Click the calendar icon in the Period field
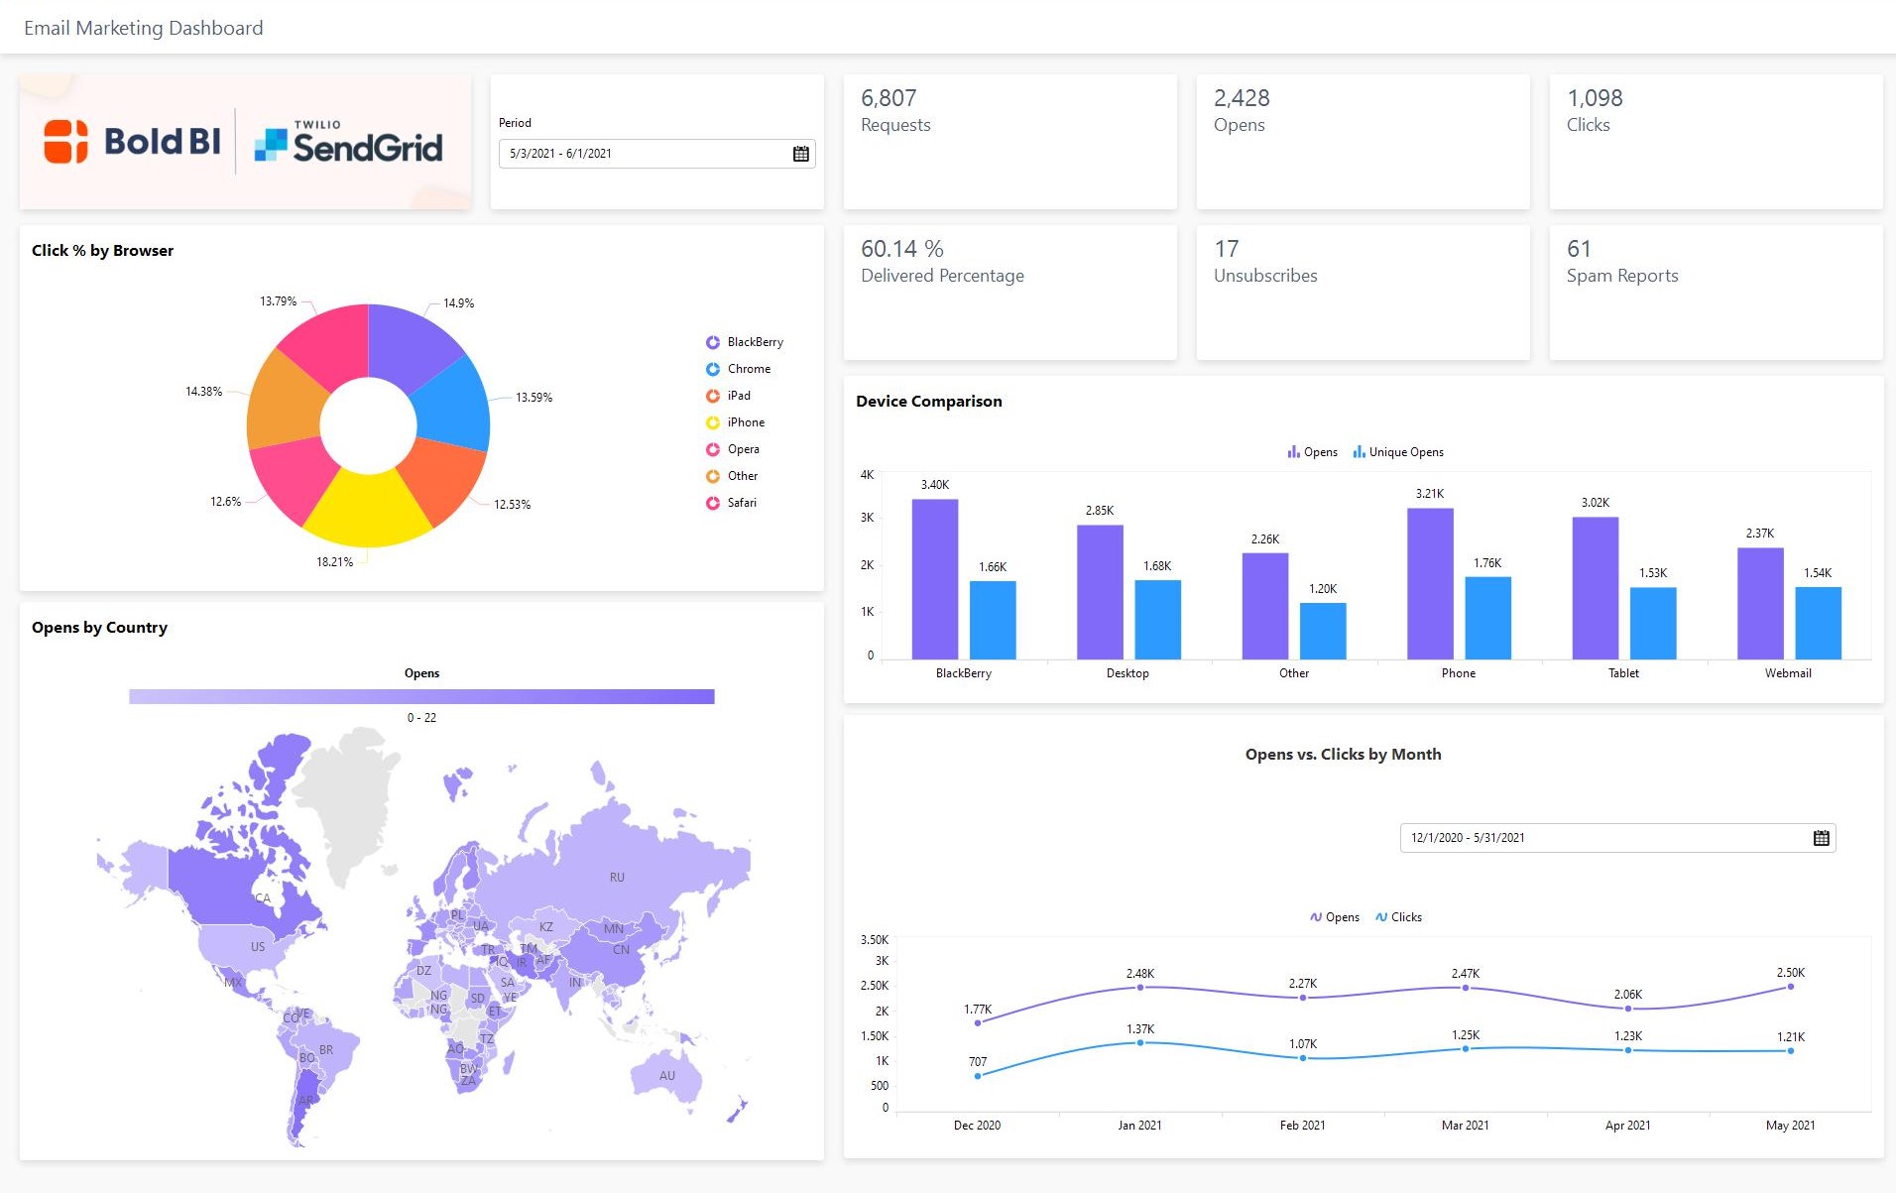click(x=800, y=154)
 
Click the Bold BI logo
click(x=133, y=142)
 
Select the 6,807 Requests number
click(x=889, y=98)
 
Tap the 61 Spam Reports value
click(x=1579, y=249)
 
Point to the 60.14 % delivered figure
click(x=901, y=249)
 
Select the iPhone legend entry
click(x=745, y=422)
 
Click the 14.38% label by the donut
click(x=203, y=392)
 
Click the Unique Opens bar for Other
click(x=1322, y=630)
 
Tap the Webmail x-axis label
click(x=1787, y=673)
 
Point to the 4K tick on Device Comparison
click(x=867, y=475)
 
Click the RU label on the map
click(x=617, y=878)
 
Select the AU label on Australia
click(x=666, y=1076)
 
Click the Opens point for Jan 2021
click(x=1139, y=988)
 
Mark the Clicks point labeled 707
click(x=978, y=1076)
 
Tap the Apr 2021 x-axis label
click(x=1627, y=1126)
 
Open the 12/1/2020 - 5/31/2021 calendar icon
click(x=1821, y=838)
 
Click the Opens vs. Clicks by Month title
click(x=1343, y=755)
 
